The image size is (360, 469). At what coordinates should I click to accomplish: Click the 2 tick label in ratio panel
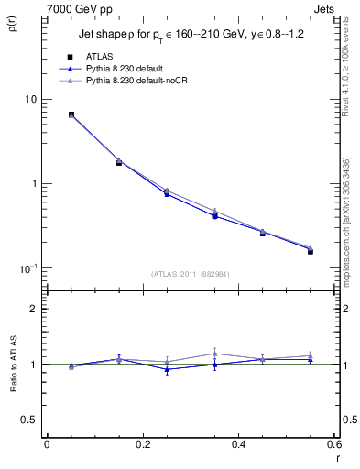[33, 310]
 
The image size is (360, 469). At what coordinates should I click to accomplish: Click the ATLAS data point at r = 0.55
[311, 250]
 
